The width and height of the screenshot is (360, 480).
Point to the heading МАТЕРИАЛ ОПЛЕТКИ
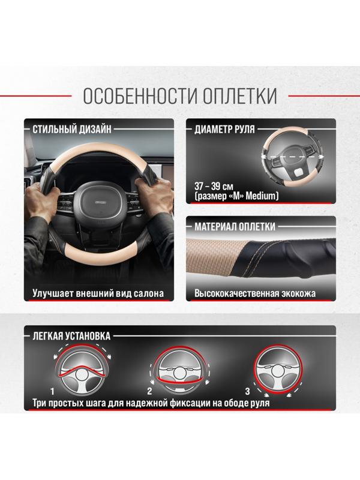click(x=235, y=227)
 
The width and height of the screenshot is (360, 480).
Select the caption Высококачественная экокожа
click(x=255, y=294)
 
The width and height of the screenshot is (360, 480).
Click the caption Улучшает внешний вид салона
click(x=98, y=294)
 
